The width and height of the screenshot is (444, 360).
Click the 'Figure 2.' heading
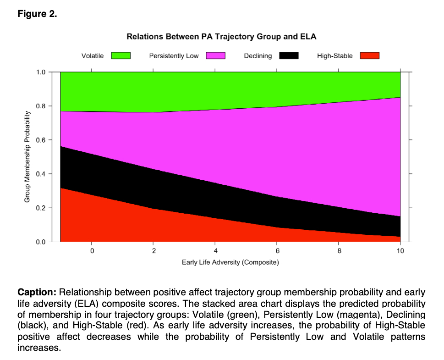coord(37,14)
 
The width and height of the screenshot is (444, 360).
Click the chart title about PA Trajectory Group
coord(221,36)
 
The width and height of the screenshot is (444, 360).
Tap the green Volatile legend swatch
coord(121,56)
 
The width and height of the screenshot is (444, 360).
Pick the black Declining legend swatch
coord(289,56)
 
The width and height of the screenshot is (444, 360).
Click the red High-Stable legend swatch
coord(369,56)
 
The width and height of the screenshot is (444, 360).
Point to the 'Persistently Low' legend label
coord(174,56)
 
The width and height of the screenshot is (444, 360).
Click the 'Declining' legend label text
coord(258,56)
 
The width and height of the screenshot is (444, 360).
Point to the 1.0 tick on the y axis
coord(41,72)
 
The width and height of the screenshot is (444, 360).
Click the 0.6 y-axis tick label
coord(41,140)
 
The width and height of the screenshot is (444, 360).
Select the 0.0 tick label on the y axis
coord(41,242)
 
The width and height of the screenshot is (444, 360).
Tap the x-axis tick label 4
coord(215,251)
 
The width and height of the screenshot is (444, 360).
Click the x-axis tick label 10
coord(400,251)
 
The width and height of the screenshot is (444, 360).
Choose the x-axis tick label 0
coord(92,251)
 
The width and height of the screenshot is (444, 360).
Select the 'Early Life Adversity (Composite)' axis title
coord(230,262)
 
